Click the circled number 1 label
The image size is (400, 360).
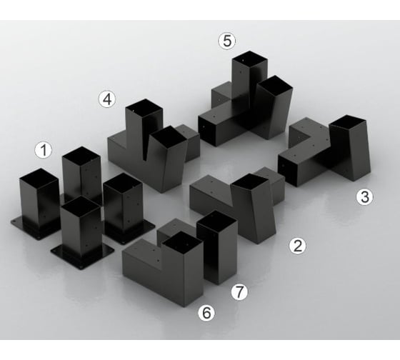[x=44, y=150]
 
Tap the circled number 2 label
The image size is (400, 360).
[x=297, y=246]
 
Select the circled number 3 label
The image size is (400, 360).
[x=364, y=196]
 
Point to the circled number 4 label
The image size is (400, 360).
[x=107, y=99]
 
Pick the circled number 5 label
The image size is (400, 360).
[x=227, y=41]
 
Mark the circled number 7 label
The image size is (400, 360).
[x=239, y=292]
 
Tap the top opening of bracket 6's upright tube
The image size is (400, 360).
[x=182, y=241]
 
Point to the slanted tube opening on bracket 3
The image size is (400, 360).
[x=349, y=122]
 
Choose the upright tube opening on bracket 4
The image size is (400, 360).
[x=144, y=109]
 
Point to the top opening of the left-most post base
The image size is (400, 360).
[x=39, y=178]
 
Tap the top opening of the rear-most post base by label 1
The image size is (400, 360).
[x=81, y=156]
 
